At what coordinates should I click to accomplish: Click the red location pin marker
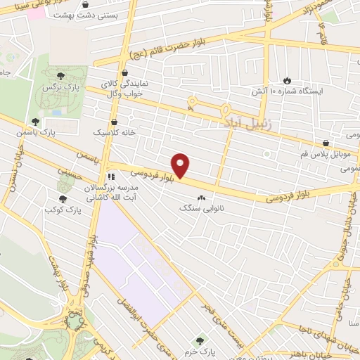pyautogui.click(x=181, y=165)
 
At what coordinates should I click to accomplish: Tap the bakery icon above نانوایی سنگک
pyautogui.click(x=202, y=198)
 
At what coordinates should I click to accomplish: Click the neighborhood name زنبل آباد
pyautogui.click(x=243, y=122)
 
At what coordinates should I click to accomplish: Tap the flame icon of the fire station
pyautogui.click(x=286, y=80)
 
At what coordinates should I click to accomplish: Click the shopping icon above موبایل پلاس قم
pyautogui.click(x=324, y=143)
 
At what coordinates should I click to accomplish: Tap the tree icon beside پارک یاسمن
pyautogui.click(x=35, y=122)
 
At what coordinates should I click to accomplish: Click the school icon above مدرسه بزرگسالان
pyautogui.click(x=110, y=176)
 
